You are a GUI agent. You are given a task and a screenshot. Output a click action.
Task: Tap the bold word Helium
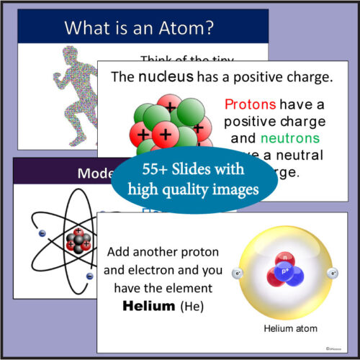coord(145,306)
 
